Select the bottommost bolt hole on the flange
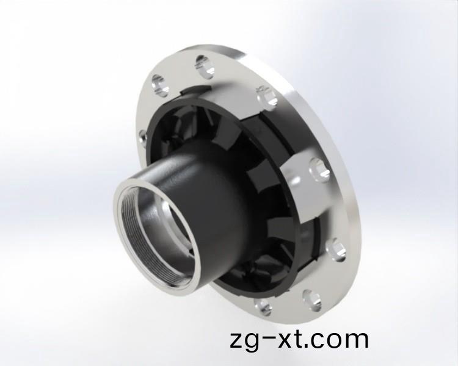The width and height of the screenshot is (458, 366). pyautogui.click(x=262, y=306)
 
